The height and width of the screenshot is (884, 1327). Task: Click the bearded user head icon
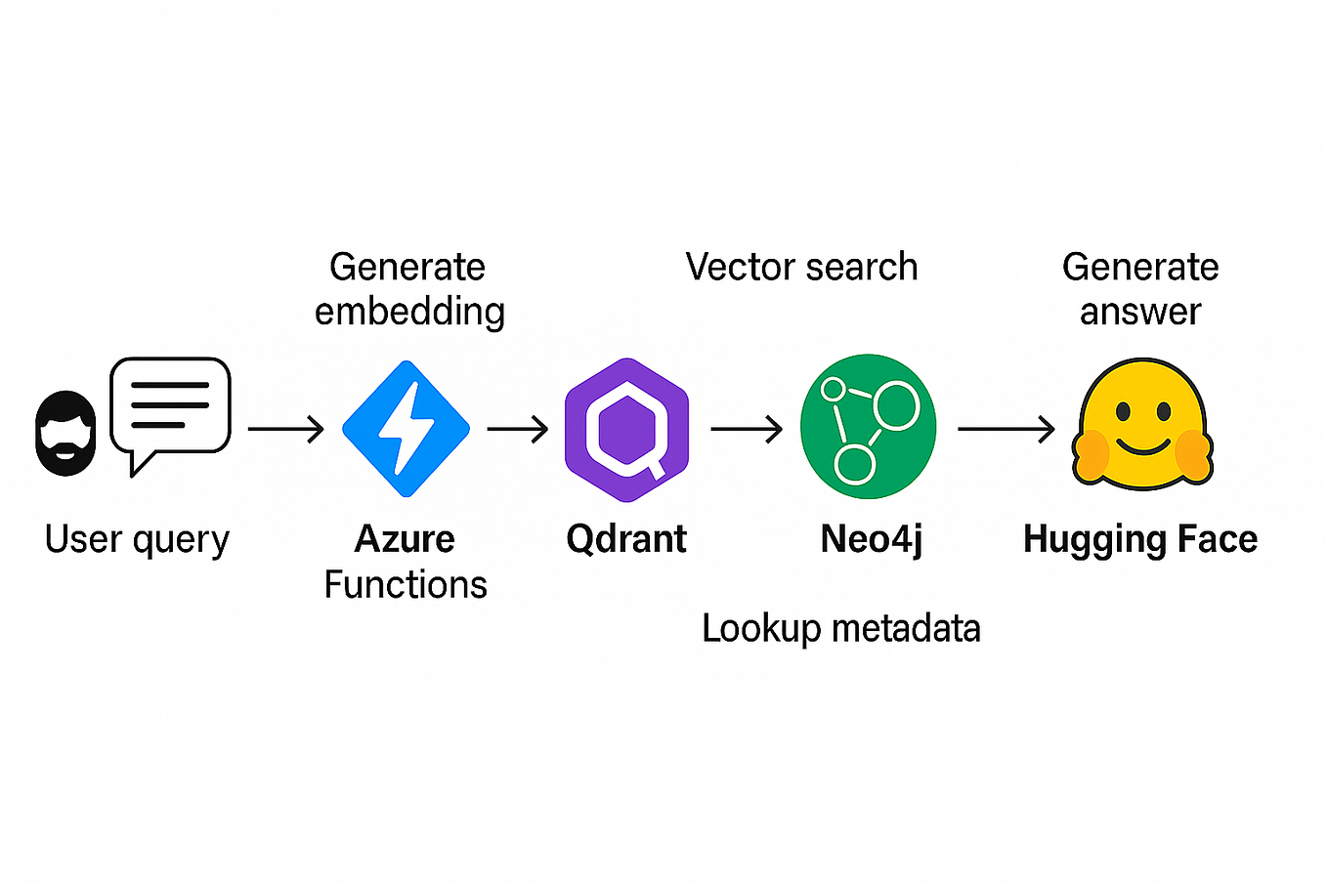point(65,434)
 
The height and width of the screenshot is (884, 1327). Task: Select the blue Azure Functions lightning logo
point(406,429)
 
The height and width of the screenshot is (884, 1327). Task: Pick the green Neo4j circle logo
point(868,427)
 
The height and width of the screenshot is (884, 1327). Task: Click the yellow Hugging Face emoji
point(1141,425)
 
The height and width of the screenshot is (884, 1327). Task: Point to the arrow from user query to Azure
point(285,429)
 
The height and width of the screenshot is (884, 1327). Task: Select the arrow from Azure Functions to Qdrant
point(518,429)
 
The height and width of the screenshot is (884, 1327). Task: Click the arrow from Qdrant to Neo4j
point(747,429)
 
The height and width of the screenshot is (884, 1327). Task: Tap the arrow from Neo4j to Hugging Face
point(1006,429)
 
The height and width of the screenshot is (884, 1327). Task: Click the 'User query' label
point(137,539)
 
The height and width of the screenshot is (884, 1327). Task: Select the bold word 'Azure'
point(405,539)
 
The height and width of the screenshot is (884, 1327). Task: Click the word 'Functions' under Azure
point(406,584)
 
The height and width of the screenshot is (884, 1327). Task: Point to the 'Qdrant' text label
point(626,539)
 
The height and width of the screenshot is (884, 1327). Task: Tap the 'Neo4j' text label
point(871,539)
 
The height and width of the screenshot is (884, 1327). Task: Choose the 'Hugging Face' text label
point(1140,539)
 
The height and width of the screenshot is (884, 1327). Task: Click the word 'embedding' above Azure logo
point(409,312)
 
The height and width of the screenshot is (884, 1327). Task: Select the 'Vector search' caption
point(801,267)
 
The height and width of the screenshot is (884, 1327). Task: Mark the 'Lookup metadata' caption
point(840,628)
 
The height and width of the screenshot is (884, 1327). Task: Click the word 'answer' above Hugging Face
point(1140,312)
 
